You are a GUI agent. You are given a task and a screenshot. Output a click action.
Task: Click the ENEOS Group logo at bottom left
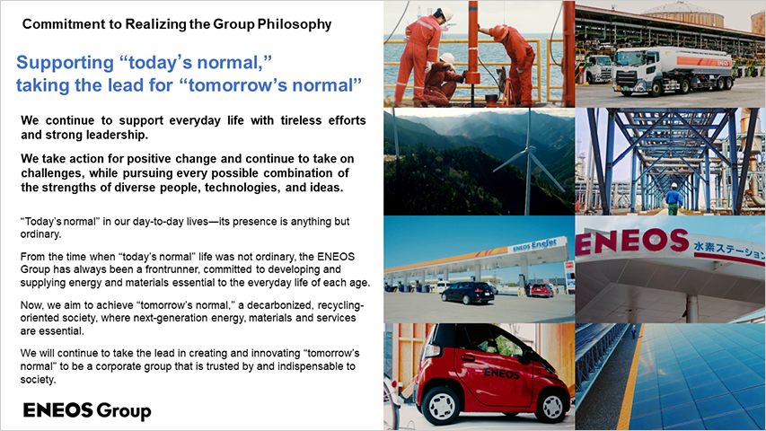[x=87, y=410]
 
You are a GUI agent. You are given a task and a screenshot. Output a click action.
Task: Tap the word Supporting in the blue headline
[x=65, y=63]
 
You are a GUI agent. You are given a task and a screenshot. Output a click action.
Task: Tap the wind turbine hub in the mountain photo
[x=528, y=151]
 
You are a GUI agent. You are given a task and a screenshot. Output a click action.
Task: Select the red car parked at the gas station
[x=542, y=290]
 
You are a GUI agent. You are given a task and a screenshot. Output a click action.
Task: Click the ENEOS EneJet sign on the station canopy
[x=534, y=245]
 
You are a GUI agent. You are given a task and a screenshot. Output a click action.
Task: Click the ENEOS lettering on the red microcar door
[x=501, y=374]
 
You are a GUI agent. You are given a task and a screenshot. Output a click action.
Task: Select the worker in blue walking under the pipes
[x=674, y=198]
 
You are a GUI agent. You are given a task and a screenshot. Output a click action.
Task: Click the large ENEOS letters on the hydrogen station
[x=632, y=242]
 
